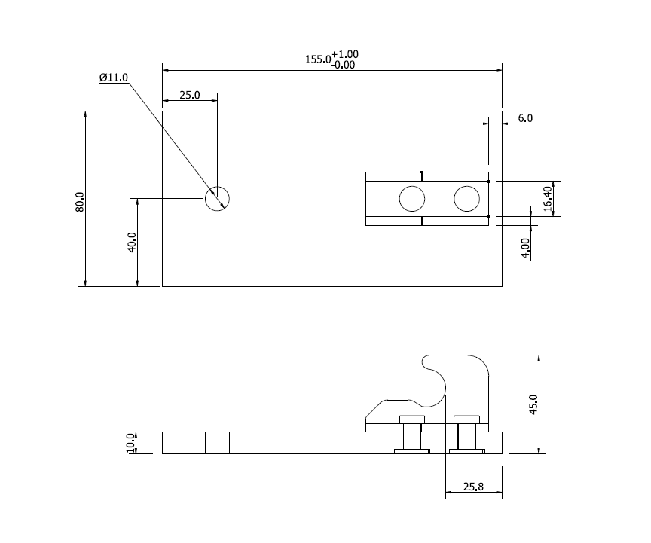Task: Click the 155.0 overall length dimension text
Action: (317, 59)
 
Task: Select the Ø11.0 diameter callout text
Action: (114, 78)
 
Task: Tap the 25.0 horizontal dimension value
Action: (189, 95)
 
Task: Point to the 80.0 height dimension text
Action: (79, 202)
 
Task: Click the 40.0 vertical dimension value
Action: (132, 242)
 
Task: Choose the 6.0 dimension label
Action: (525, 118)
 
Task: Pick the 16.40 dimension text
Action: (548, 200)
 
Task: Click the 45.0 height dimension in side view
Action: (533, 404)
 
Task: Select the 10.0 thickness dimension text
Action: (130, 443)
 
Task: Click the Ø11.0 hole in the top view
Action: (217, 199)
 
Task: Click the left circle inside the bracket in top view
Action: (412, 199)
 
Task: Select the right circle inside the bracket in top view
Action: (467, 199)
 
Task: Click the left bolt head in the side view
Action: (412, 419)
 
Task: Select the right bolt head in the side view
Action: (467, 419)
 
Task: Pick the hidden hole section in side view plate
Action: (217, 443)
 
